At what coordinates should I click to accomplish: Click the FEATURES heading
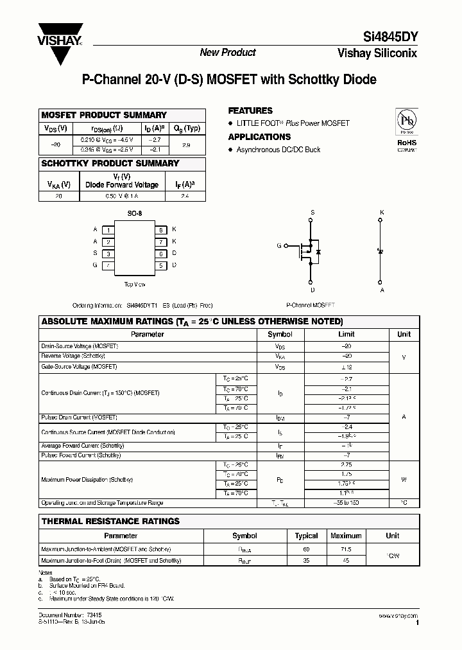[250, 110]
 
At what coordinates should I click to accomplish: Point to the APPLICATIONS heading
[259, 137]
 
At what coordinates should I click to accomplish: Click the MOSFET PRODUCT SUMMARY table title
[104, 115]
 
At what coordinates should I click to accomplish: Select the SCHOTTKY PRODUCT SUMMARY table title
[110, 163]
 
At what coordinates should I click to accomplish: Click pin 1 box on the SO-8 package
[109, 230]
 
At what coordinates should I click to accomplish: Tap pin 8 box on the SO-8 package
[161, 230]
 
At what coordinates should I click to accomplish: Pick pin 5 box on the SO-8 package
[161, 265]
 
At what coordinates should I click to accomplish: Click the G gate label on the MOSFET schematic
[279, 245]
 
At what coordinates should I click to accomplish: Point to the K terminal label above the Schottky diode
[382, 212]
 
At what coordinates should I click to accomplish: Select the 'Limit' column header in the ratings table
[346, 334]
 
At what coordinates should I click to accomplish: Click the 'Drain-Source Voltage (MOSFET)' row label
[80, 346]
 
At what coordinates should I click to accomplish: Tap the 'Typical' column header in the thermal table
[306, 536]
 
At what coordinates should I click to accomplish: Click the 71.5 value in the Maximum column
[346, 549]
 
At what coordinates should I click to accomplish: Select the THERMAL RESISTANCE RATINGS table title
[110, 521]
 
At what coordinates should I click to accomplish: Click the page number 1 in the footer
[417, 623]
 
